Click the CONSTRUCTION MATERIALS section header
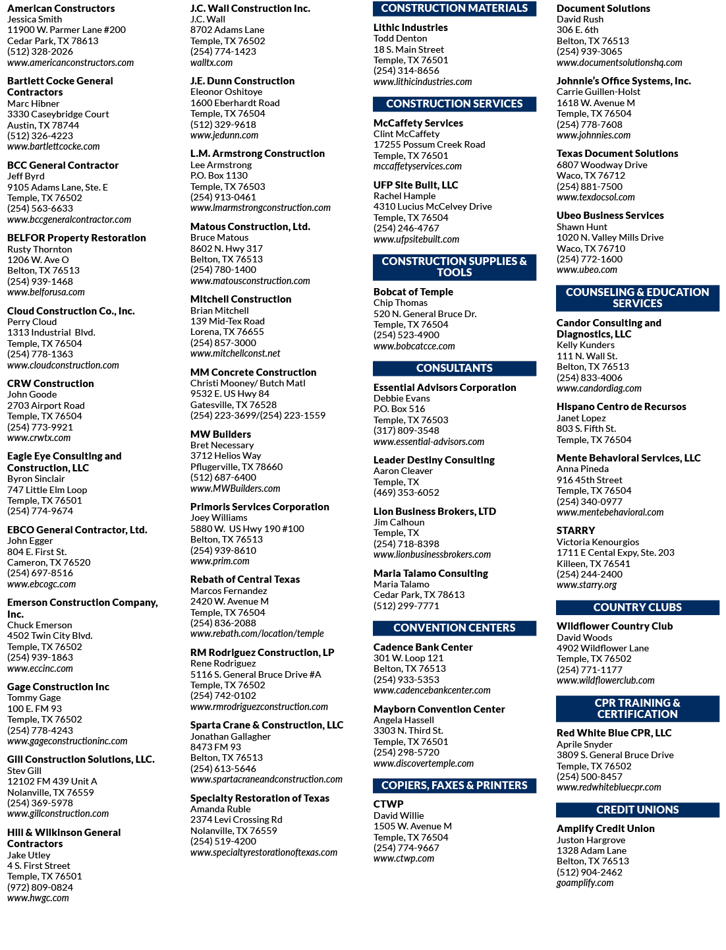point(454,8)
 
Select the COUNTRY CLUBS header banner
point(637,607)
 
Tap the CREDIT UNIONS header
point(637,810)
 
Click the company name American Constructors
point(61,8)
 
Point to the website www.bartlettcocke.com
point(53,146)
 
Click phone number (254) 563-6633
point(40,208)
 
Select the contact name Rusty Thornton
point(40,249)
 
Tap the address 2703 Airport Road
point(46,405)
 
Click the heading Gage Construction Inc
point(58,686)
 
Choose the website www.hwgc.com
point(38,898)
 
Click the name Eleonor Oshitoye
point(226,92)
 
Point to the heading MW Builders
point(221,434)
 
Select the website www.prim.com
point(219,561)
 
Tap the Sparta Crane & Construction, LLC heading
point(267,725)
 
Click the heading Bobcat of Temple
point(413,291)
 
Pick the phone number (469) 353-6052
point(406,492)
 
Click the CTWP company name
point(388,804)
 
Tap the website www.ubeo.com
point(587,270)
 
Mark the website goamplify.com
point(584,883)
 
